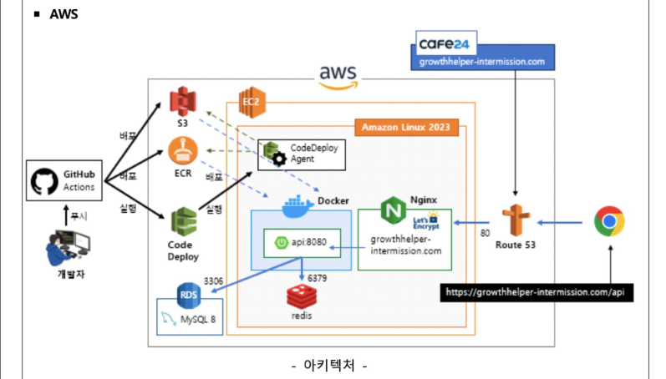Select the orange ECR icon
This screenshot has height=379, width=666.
click(182, 151)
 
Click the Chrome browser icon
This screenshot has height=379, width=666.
click(610, 222)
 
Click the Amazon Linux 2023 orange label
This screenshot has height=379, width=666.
click(407, 128)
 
